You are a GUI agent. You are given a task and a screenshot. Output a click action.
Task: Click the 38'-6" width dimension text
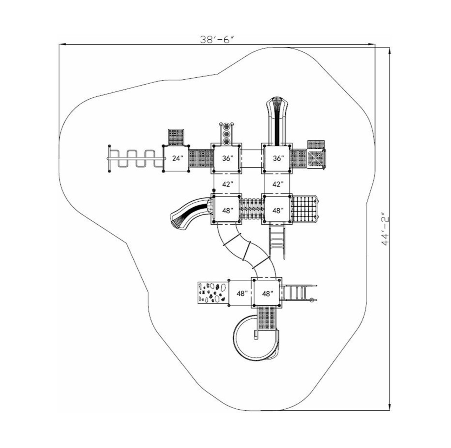(217, 40)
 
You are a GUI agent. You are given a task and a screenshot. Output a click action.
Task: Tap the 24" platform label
(178, 158)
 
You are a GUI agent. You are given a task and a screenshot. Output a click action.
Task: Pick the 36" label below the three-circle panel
(227, 158)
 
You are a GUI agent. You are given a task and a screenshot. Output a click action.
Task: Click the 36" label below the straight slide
(278, 158)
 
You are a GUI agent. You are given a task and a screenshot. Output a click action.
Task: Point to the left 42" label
(227, 184)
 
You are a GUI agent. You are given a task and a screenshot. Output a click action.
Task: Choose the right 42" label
(278, 184)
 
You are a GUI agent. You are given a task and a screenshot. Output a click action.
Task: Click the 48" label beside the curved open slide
(227, 210)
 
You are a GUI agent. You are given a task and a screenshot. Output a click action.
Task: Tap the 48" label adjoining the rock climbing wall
(242, 293)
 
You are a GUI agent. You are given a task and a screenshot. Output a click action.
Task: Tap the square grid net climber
(304, 210)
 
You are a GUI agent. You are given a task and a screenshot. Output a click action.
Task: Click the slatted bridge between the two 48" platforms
(252, 210)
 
